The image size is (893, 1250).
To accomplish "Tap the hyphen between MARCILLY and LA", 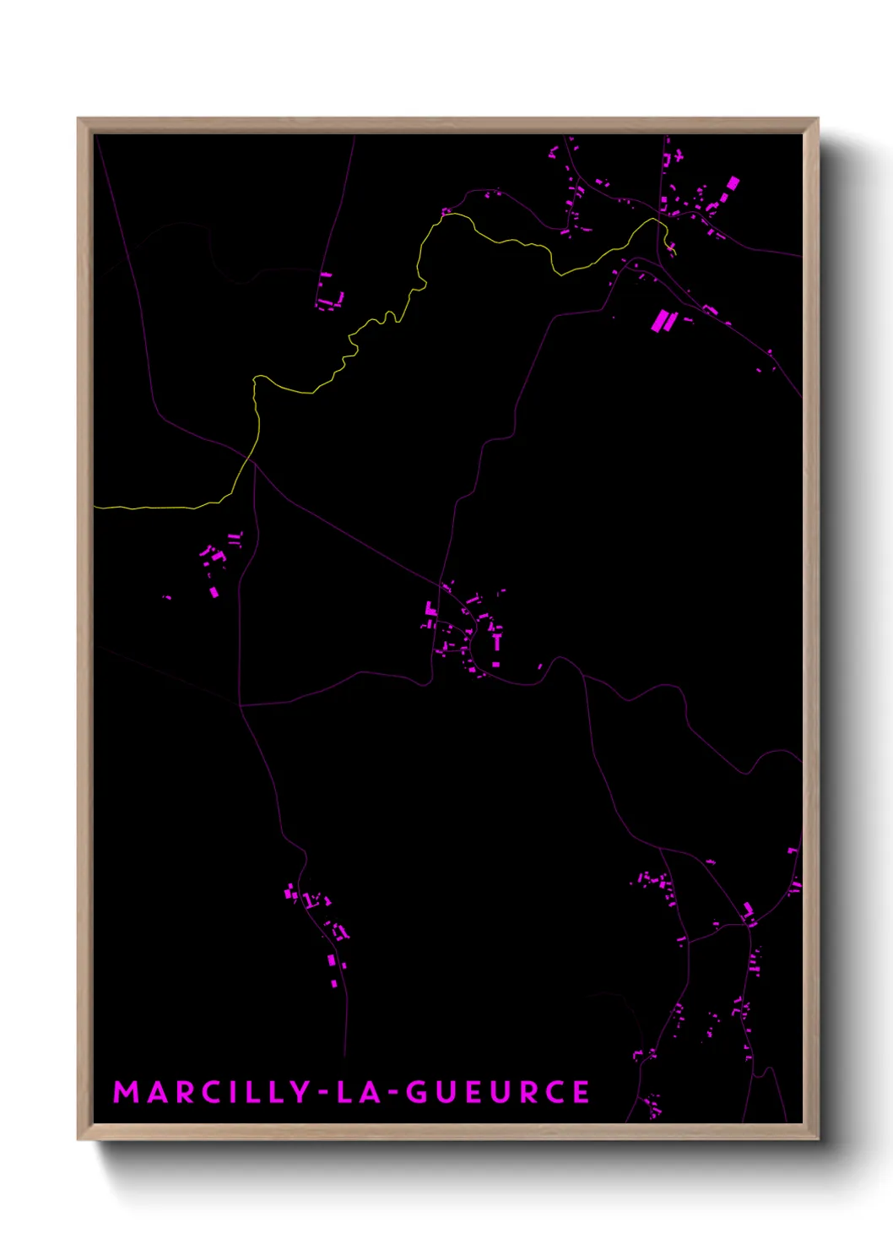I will pyautogui.click(x=323, y=1092).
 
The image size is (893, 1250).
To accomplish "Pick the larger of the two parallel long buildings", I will pyautogui.click(x=659, y=321).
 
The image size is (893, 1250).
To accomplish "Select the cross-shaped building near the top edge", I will pyautogui.click(x=678, y=156).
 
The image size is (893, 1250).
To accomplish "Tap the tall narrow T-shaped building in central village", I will pyautogui.click(x=496, y=642).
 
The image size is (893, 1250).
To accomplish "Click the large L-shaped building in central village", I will pyautogui.click(x=430, y=609).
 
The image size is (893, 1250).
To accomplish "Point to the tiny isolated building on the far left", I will pyautogui.click(x=167, y=597).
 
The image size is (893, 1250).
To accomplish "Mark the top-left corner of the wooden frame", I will pyautogui.click(x=78, y=119).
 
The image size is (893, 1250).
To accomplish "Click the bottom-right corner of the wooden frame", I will pyautogui.click(x=817, y=1139).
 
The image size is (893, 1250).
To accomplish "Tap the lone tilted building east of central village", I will pyautogui.click(x=541, y=667).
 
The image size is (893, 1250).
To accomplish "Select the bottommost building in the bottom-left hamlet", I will pyautogui.click(x=334, y=983).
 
